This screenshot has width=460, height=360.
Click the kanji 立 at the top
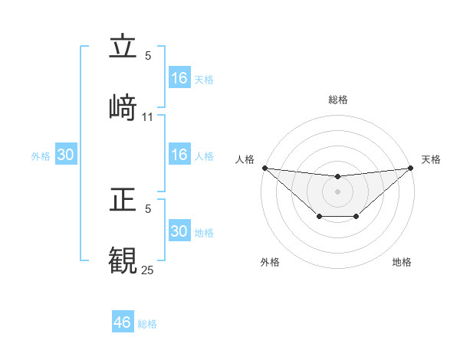coord(123,47)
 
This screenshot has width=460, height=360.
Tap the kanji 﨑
coord(123,107)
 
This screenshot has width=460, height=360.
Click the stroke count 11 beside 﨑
coord(148,116)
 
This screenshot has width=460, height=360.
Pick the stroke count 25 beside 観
coord(148,270)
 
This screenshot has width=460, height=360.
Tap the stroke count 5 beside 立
coord(148,55)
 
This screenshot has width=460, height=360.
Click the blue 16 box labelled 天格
coord(179,78)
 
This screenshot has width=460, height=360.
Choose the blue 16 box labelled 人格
coord(179,155)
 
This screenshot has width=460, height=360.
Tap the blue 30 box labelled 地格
coord(179,231)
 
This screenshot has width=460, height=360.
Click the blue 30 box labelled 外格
coord(66,155)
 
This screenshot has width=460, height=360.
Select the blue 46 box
coord(123,322)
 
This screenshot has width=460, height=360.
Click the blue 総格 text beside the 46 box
coord(147,324)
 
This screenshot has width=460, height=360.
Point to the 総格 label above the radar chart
coord(337,100)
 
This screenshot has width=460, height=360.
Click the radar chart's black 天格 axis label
coord(432,159)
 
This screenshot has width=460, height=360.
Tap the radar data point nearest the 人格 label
coord(264,168)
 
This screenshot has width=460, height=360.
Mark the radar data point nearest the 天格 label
coord(411,168)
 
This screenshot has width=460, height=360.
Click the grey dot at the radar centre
coord(337,191)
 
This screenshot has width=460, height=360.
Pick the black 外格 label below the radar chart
coord(270,262)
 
